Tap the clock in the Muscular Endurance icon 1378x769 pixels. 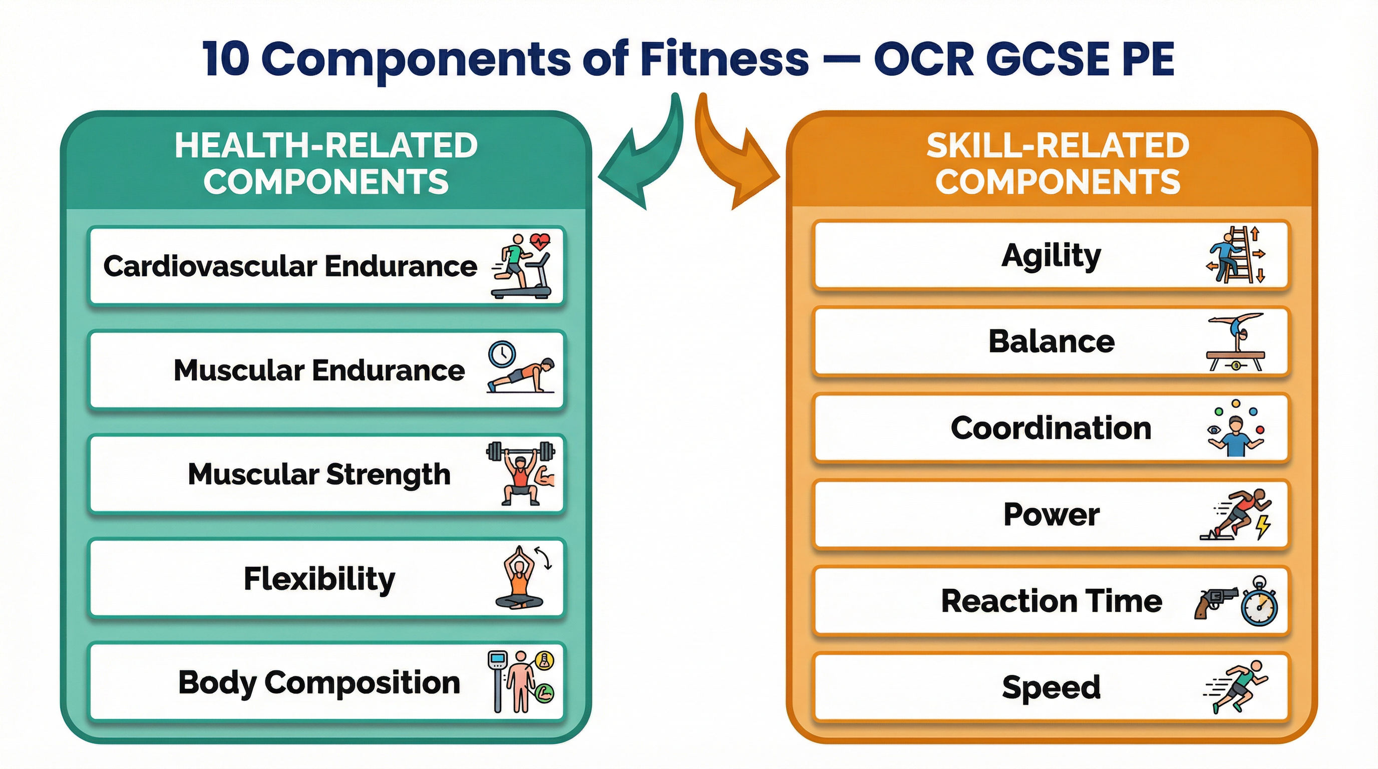tap(502, 354)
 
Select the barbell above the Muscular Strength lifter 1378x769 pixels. tap(520, 451)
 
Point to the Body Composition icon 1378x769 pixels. tap(520, 682)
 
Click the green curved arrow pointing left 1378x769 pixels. tap(642, 155)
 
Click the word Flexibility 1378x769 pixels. tap(319, 579)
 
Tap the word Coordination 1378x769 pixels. tap(1051, 429)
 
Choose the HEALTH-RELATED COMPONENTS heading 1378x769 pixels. tap(326, 163)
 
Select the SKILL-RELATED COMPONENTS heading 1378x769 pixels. tap(1058, 163)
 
